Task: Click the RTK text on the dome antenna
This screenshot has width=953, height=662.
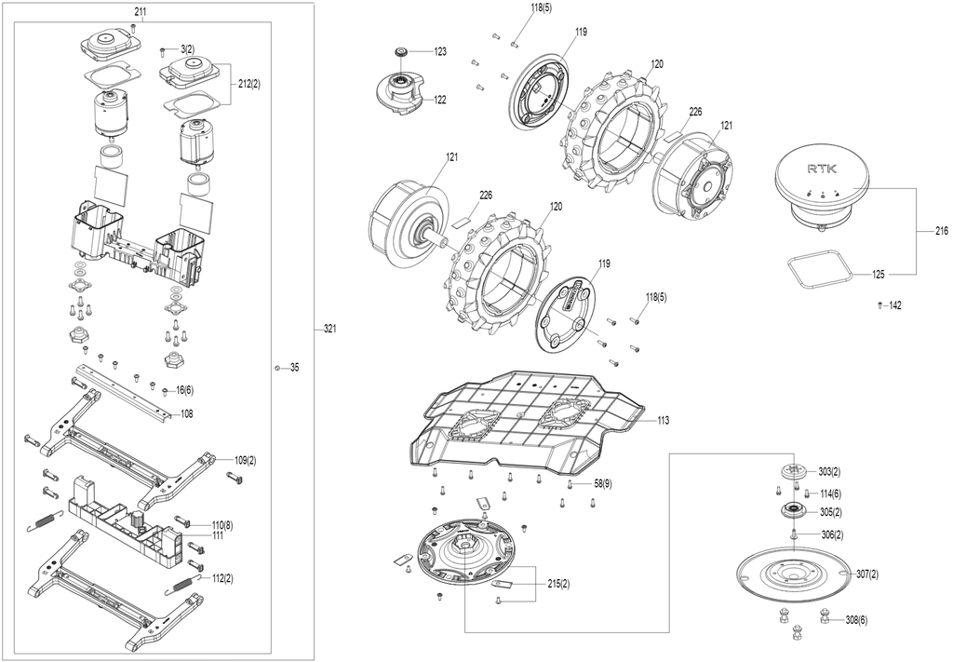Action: pyautogui.click(x=822, y=169)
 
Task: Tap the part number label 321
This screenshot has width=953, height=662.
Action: pyautogui.click(x=330, y=329)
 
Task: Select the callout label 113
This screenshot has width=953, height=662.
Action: pyautogui.click(x=663, y=420)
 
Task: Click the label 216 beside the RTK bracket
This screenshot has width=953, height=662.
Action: pyautogui.click(x=942, y=231)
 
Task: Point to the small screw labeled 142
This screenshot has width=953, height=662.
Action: pyautogui.click(x=880, y=304)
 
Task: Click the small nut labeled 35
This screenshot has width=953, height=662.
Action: pyautogui.click(x=277, y=367)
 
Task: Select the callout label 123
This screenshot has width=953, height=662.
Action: pyautogui.click(x=440, y=51)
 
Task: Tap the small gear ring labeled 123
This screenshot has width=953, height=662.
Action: pyautogui.click(x=401, y=52)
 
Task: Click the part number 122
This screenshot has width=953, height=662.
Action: pyautogui.click(x=439, y=100)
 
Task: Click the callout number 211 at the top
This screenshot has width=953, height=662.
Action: pyautogui.click(x=141, y=11)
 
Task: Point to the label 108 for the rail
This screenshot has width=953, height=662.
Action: pyautogui.click(x=186, y=413)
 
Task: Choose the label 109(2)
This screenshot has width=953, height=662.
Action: pyautogui.click(x=245, y=460)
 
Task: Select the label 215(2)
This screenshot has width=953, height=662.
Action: pyautogui.click(x=558, y=584)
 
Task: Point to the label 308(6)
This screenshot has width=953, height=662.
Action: pyautogui.click(x=856, y=620)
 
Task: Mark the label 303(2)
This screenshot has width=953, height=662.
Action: pyautogui.click(x=829, y=472)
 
